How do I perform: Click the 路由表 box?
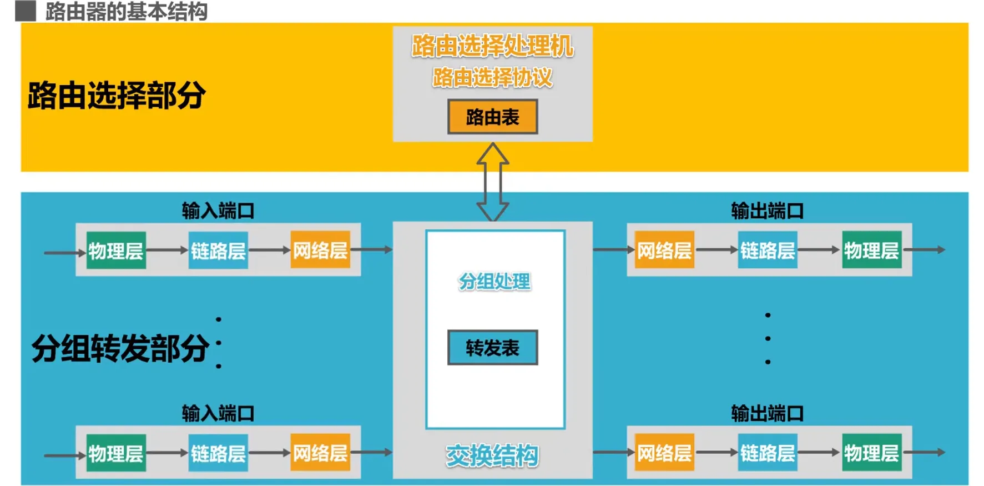[492, 117]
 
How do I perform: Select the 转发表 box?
[492, 348]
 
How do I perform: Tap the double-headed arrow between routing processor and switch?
[492, 182]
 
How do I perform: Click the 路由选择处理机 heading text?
[492, 46]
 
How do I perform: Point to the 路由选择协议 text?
[492, 77]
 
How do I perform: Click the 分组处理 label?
[494, 282]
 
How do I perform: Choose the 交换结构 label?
[492, 456]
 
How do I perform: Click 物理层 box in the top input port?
[116, 250]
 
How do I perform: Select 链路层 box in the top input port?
[218, 250]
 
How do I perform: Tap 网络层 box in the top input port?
[320, 250]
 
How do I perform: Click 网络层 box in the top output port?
[664, 250]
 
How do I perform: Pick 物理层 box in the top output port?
[871, 250]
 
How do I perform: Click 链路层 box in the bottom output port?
[768, 453]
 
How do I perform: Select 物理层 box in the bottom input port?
[116, 453]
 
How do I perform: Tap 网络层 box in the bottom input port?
[320, 453]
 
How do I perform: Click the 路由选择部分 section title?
[117, 95]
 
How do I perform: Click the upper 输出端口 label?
[767, 211]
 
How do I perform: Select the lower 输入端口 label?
[218, 413]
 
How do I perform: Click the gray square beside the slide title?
[26, 11]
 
